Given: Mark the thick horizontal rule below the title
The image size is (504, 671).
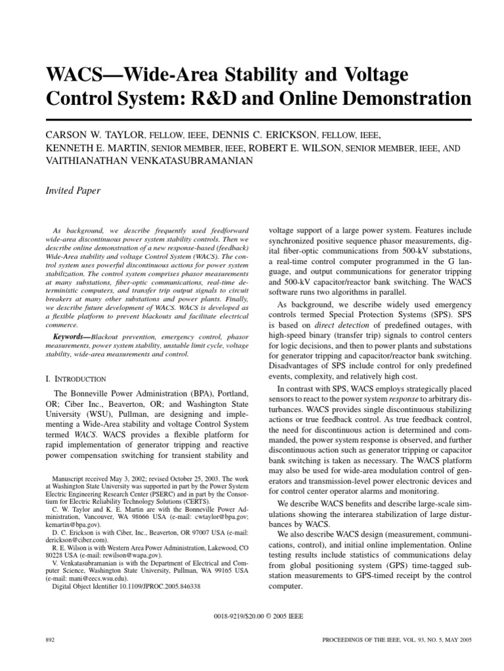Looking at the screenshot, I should pos(259,119).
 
